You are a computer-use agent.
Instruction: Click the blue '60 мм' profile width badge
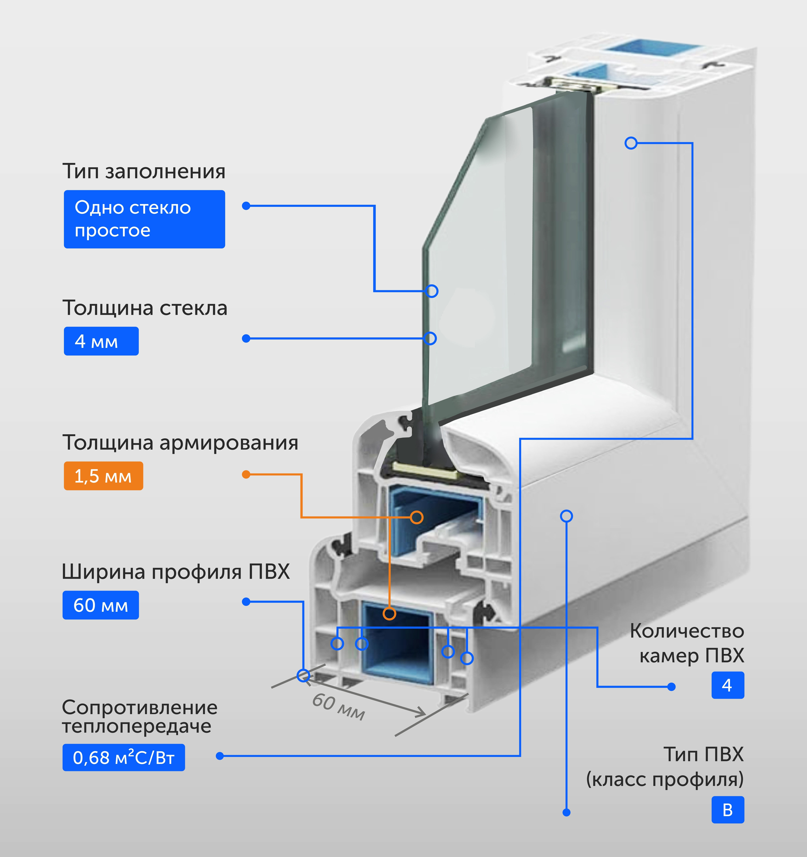101,605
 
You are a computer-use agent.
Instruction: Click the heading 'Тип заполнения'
144,171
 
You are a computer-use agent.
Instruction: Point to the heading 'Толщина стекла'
145,308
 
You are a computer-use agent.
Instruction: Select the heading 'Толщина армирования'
180,442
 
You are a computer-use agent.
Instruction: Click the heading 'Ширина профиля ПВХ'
176,572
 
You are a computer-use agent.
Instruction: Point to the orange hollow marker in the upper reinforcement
416,517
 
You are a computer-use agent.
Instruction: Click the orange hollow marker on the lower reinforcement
389,613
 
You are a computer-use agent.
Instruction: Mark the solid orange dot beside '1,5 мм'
246,475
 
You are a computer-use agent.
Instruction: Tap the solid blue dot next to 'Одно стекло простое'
246,206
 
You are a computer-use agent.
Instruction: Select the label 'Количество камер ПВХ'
688,643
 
